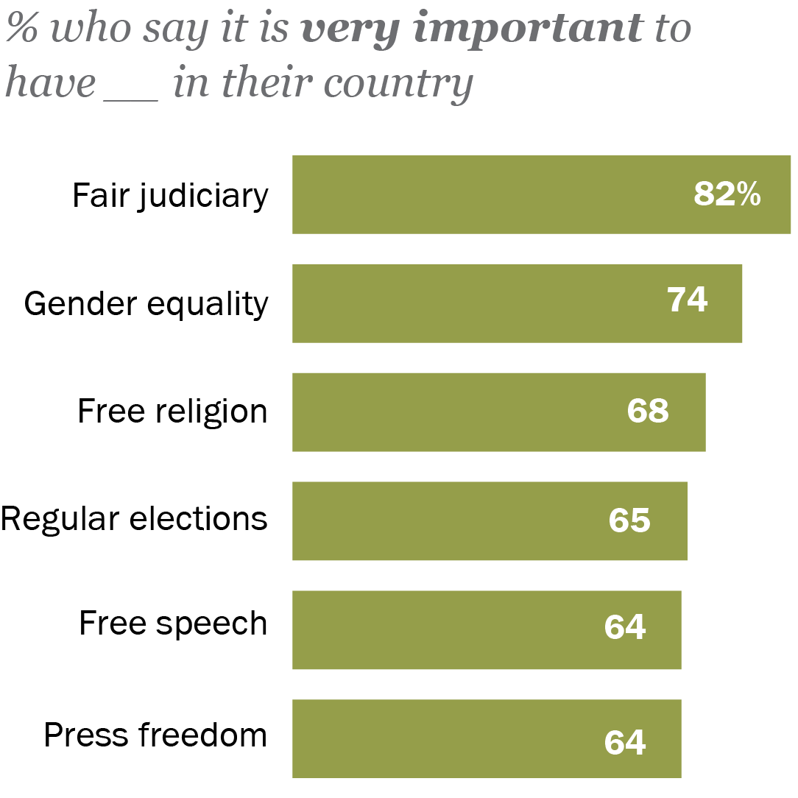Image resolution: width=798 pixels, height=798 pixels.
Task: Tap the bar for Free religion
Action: pyautogui.click(x=456, y=412)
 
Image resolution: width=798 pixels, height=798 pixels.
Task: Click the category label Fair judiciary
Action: pyautogui.click(x=170, y=197)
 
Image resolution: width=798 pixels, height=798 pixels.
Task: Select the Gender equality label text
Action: pyautogui.click(x=146, y=304)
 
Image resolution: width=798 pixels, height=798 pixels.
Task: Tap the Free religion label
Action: pyautogui.click(x=172, y=412)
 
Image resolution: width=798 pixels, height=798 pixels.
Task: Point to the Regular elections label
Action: pyautogui.click(x=134, y=519)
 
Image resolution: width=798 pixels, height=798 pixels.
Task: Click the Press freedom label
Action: pyautogui.click(x=155, y=735)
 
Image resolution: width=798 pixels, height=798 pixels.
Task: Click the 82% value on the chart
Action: pyautogui.click(x=727, y=195)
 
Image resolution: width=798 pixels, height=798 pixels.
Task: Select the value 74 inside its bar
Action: pyautogui.click(x=687, y=300)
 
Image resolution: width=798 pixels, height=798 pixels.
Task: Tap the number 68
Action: pyautogui.click(x=648, y=411)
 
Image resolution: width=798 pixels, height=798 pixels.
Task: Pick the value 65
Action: pyautogui.click(x=629, y=520)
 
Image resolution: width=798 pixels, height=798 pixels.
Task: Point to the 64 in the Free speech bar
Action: pyautogui.click(x=625, y=627)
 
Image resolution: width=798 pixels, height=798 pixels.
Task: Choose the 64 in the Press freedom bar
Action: pyautogui.click(x=625, y=742)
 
